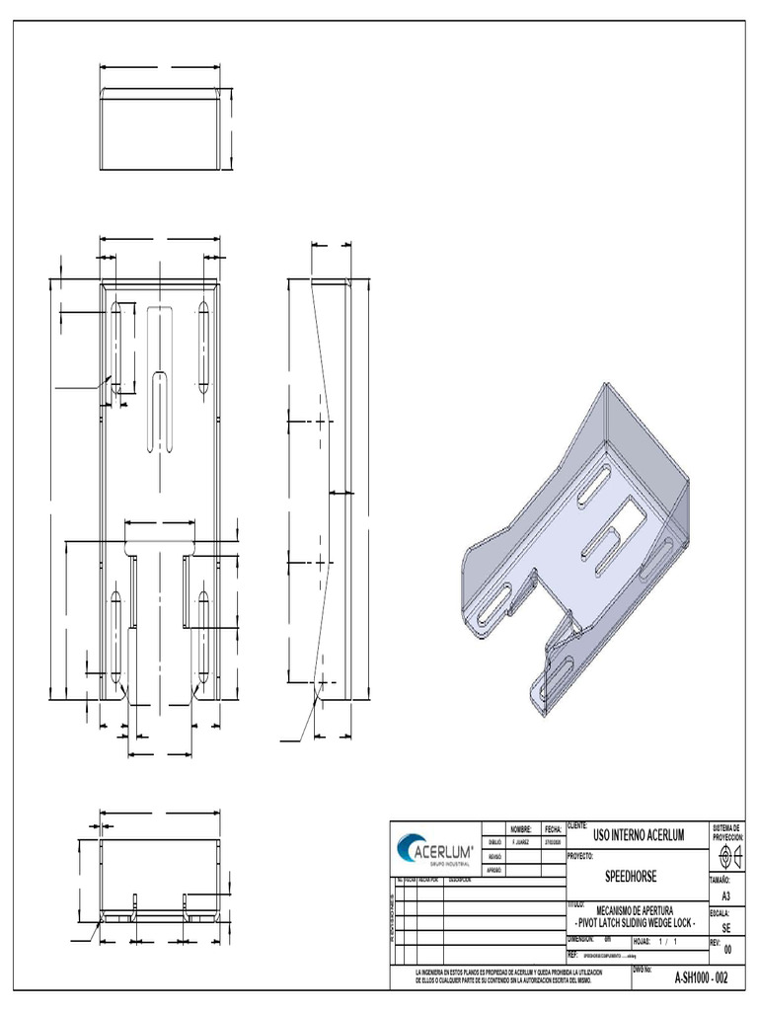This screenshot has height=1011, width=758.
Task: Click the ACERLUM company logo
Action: point(434,850)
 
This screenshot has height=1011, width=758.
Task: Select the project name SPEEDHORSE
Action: point(630,877)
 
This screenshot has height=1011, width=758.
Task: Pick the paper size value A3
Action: point(726,895)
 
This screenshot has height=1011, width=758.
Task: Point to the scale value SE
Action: point(726,929)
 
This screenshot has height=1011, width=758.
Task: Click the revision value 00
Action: point(727,950)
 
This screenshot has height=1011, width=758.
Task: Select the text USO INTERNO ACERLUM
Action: point(638,836)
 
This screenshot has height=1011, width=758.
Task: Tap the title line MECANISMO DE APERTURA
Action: point(636,910)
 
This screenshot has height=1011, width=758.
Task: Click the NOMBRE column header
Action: point(521,829)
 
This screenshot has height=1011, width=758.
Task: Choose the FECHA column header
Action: point(552,829)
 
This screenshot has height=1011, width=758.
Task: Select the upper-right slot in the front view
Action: point(204,346)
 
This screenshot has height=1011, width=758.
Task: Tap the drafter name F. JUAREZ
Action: point(521,843)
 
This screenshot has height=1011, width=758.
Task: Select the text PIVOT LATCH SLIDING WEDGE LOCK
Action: point(636,922)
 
